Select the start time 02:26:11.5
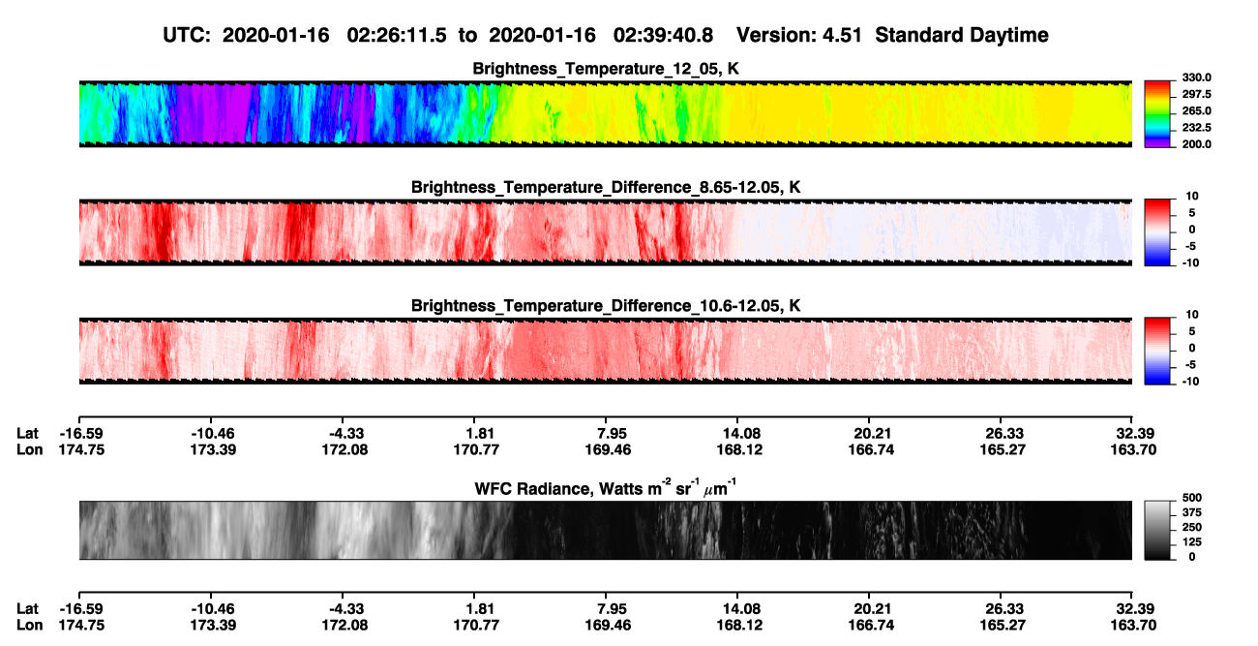(397, 35)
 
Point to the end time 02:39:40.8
(663, 35)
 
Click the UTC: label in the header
(187, 35)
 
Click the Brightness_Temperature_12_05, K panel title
(606, 69)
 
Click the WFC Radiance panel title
(606, 488)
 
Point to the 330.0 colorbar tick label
(1196, 77)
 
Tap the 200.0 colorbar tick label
(1196, 144)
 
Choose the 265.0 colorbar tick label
(1196, 110)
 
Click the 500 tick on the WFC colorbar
(1192, 498)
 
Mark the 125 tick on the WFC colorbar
(1192, 542)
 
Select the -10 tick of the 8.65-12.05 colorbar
(1190, 262)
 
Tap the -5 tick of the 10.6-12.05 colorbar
(1190, 365)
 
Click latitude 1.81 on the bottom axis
(480, 609)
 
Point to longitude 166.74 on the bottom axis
(871, 626)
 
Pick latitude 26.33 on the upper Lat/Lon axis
(1004, 434)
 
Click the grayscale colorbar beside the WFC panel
(1157, 530)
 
